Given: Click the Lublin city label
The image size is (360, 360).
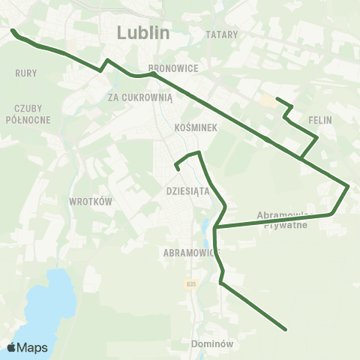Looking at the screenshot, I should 144,33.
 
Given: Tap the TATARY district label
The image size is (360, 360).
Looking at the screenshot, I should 221,34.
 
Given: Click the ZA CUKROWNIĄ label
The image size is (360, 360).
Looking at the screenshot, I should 140,97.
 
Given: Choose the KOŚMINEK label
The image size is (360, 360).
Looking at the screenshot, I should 195,127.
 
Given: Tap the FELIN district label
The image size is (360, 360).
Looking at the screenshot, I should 319,119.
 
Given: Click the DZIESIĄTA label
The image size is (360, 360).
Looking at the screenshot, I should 187,190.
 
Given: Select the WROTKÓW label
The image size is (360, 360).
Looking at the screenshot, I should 90,202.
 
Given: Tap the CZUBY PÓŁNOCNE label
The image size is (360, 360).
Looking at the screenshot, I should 28,113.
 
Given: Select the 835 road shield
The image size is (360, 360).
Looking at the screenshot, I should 192,283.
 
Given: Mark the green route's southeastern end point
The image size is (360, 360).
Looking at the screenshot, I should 286,328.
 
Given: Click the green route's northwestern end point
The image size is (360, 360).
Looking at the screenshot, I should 12,31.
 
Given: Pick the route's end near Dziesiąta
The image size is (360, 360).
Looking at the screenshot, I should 178,169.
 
